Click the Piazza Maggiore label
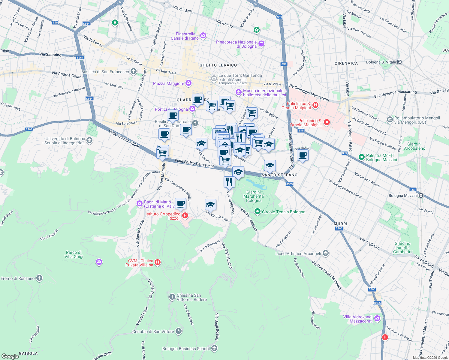click(168, 83)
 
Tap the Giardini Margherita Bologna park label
click(254, 196)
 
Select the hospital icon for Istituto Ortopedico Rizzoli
click(185, 215)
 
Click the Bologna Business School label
click(186, 349)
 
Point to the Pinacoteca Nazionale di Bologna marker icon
click(261, 44)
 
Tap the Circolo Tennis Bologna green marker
click(257, 212)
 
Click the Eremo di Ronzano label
click(18, 278)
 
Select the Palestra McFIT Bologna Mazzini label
click(381, 157)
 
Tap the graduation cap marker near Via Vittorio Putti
click(210, 205)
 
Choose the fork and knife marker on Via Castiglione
click(229, 182)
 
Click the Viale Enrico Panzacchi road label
click(194, 163)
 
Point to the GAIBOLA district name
click(28, 353)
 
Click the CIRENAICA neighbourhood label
click(346, 63)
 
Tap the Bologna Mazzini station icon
click(421, 196)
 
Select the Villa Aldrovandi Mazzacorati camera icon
click(377, 319)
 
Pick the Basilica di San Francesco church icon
click(134, 72)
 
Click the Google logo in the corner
click(10, 356)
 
